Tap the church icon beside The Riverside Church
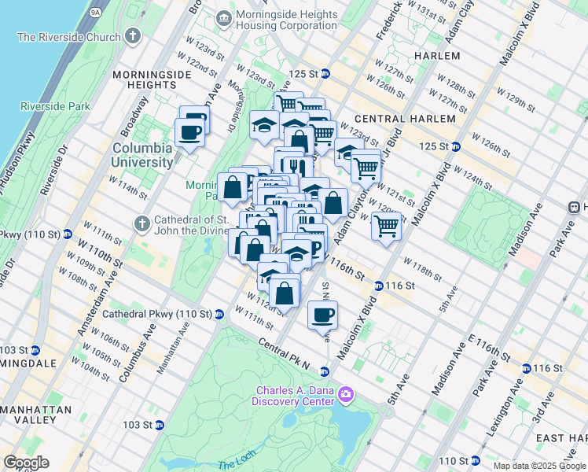pos(133,36)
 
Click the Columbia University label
pos(141,155)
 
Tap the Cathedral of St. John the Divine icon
pos(142,223)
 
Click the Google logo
pos(26,463)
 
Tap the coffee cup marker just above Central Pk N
pos(322,315)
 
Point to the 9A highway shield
pos(96,13)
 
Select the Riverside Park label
pos(45,106)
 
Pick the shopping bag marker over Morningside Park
pos(233,188)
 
